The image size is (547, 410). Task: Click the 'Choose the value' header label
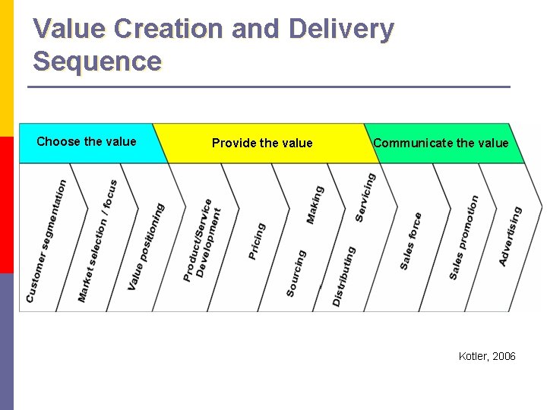(87, 141)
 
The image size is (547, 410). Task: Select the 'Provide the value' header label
(262, 143)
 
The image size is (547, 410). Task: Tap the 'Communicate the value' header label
(441, 143)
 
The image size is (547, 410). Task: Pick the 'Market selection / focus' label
(97, 241)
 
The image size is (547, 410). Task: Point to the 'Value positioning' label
(146, 246)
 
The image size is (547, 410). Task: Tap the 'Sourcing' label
(296, 273)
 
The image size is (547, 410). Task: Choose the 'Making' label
(315, 204)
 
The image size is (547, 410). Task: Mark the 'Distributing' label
(343, 276)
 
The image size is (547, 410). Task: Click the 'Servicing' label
(365, 197)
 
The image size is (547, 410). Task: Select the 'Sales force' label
(411, 241)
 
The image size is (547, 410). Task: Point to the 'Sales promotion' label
(463, 238)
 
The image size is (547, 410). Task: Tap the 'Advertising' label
(511, 235)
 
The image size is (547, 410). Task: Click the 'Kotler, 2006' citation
(487, 356)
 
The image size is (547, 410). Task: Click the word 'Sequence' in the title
(97, 61)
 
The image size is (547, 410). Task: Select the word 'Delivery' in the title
(342, 29)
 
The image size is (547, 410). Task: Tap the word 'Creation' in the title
(159, 29)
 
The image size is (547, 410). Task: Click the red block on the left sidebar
(7, 205)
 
